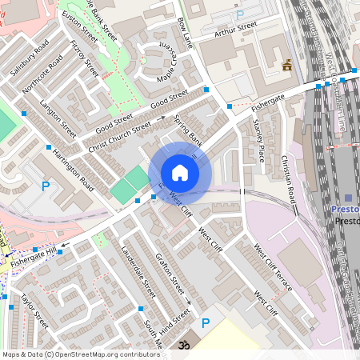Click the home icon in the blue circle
tap(180, 173)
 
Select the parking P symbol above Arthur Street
tap(239, 15)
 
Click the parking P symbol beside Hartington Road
tap(46, 186)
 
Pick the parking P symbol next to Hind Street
tap(206, 322)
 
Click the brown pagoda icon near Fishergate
tap(286, 66)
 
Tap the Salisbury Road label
tap(31, 57)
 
